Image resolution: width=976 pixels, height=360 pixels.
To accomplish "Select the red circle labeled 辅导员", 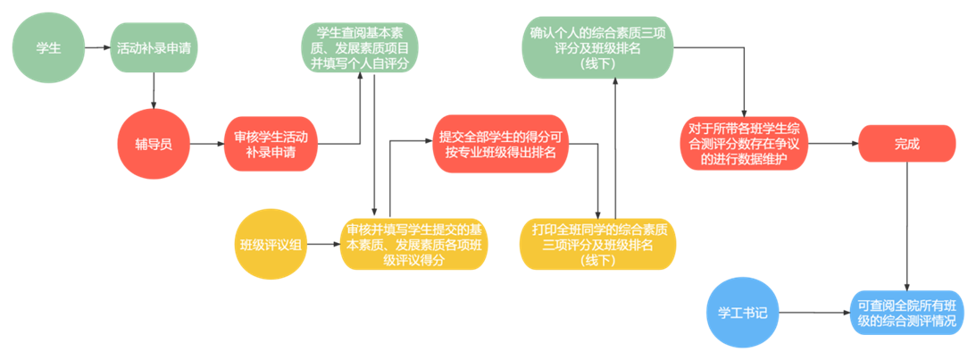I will (154, 144).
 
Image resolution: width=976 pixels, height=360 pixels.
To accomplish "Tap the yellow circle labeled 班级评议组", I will (270, 244).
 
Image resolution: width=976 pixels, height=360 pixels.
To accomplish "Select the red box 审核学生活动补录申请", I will (271, 144).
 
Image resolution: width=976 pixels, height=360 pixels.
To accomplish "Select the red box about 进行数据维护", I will (744, 144).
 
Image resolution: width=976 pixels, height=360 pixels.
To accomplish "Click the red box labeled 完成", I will (906, 144).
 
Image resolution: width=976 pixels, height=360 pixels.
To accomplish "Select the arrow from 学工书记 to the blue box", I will (813, 313).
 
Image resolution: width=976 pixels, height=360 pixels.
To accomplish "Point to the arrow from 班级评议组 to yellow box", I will (323, 244).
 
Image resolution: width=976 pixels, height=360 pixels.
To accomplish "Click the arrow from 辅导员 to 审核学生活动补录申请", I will (206, 144).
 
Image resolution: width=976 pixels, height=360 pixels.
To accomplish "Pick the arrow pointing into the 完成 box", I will (833, 144).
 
